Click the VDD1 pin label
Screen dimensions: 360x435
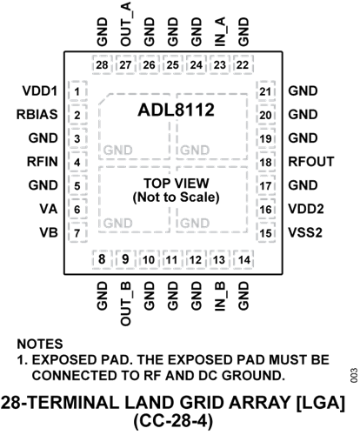[40, 91]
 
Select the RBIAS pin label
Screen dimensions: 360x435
[37, 115]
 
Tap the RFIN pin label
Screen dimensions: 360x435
[43, 162]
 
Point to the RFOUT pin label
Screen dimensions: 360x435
[311, 162]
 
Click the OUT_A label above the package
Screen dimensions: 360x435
[126, 23]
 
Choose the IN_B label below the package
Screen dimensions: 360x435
[220, 296]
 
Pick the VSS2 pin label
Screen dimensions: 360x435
[305, 232]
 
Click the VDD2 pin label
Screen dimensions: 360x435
[306, 209]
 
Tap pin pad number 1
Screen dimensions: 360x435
[77, 92]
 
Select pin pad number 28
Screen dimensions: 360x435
[102, 65]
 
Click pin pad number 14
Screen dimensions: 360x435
[243, 259]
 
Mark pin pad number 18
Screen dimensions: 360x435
[265, 163]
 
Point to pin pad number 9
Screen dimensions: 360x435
[125, 259]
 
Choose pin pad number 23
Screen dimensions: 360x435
[219, 65]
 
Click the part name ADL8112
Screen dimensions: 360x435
[176, 110]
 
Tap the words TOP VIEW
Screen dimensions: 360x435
[177, 184]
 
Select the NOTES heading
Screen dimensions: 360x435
[40, 344]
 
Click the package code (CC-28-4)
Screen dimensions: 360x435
[173, 421]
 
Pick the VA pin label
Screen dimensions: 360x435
[49, 209]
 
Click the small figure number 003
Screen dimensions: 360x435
[354, 376]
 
